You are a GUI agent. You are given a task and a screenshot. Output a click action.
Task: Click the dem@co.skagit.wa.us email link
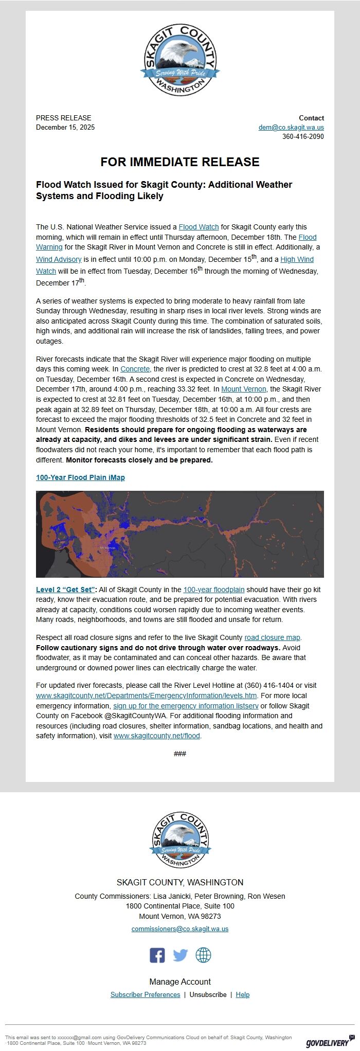[x=291, y=128]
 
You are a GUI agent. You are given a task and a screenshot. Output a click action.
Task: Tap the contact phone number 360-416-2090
[x=303, y=137]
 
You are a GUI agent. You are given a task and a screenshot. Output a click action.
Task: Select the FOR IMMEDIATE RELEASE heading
[x=180, y=162]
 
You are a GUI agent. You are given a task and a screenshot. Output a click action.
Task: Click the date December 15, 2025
[x=65, y=128]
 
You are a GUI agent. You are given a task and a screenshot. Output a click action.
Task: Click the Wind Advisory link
[x=59, y=260]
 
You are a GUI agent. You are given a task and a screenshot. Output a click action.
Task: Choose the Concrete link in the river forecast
[x=135, y=369]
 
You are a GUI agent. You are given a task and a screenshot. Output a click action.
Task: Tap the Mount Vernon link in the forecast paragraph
[x=244, y=389]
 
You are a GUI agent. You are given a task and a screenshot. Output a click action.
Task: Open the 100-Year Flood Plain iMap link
[x=80, y=478]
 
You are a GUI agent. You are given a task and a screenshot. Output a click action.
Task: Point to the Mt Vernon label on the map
[x=107, y=548]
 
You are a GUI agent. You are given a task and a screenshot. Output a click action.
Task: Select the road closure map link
[x=272, y=638]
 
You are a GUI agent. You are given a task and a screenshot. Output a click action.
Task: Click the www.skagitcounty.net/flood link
[x=157, y=736]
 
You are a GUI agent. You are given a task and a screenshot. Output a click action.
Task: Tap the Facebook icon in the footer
[x=157, y=955]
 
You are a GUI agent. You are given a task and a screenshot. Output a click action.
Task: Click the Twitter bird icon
[x=180, y=955]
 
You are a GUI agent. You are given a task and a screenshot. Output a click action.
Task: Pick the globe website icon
[x=203, y=955]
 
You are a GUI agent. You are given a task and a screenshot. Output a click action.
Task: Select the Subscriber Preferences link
[x=145, y=995]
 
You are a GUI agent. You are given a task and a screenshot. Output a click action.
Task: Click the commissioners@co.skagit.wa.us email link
[x=180, y=929]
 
